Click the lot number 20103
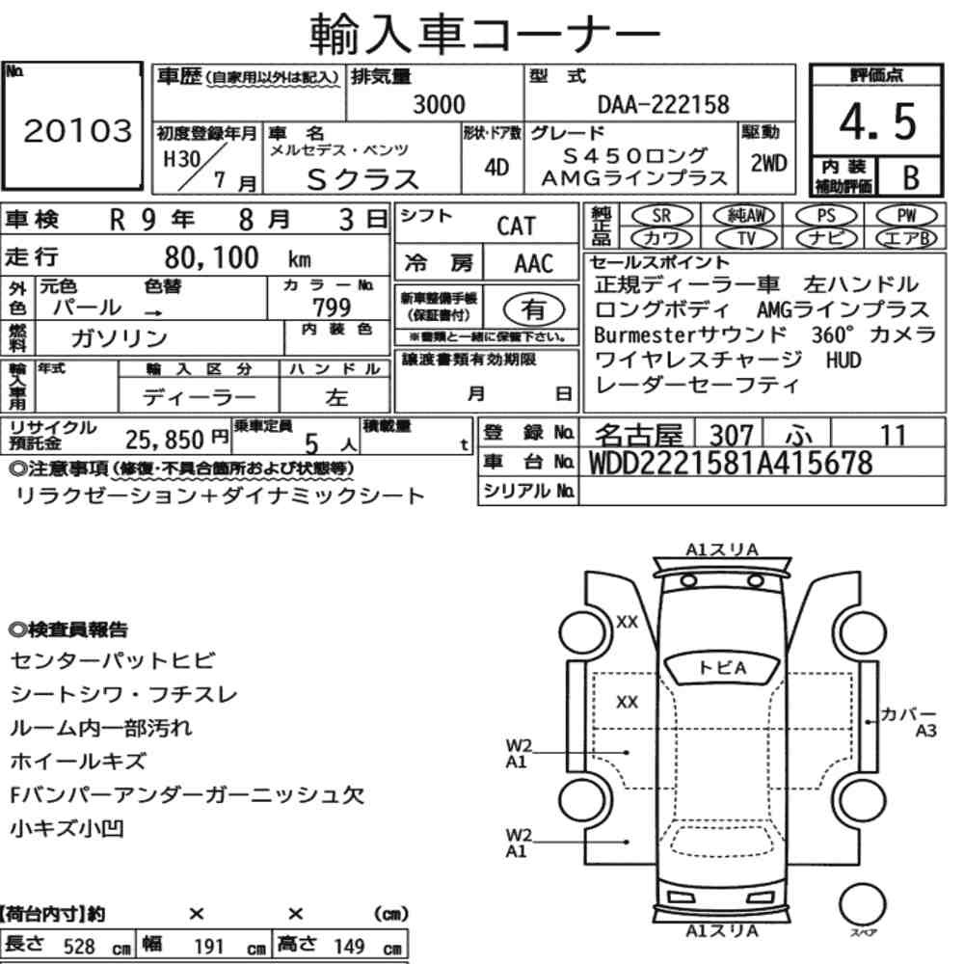77,130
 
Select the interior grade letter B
911,177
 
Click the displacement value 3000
439,104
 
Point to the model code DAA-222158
663,104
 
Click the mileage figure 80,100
211,257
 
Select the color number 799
332,307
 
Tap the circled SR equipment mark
661,216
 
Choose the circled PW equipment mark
906,216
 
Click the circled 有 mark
533,309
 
